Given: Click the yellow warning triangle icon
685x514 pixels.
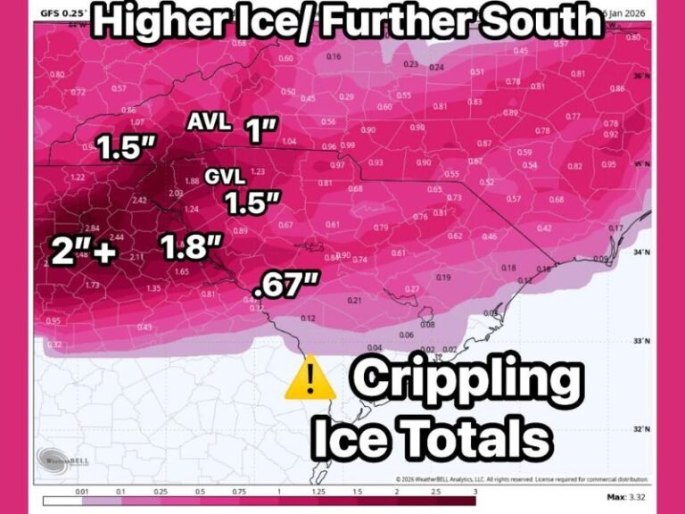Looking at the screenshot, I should click(x=309, y=382).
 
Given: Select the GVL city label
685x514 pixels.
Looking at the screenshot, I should click(x=224, y=176).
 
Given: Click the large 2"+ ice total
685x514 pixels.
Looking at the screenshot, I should click(x=81, y=253).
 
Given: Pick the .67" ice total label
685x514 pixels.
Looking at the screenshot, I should click(x=285, y=287).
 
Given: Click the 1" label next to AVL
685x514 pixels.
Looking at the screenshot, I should click(x=260, y=132).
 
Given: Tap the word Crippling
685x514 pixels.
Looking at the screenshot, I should click(x=465, y=382).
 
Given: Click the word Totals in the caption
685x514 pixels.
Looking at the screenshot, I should click(x=483, y=438).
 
